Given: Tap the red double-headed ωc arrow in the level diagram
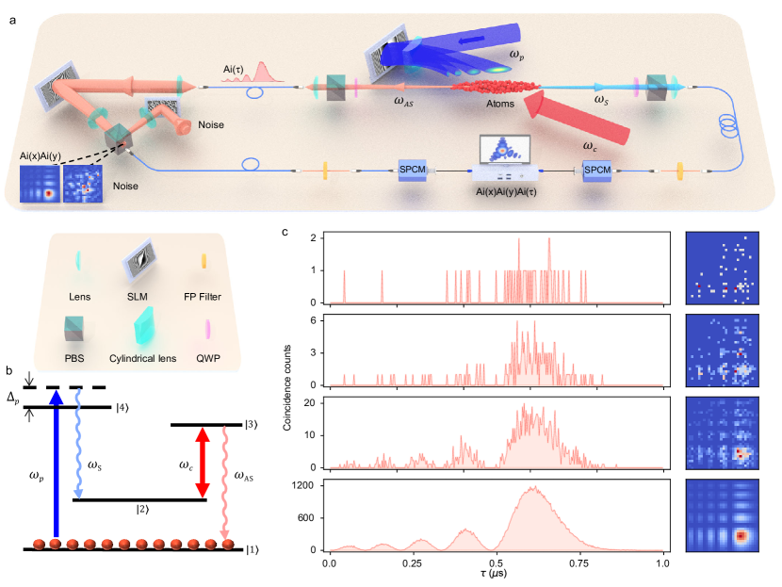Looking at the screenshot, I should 201,463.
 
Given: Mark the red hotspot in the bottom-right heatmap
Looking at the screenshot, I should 741,536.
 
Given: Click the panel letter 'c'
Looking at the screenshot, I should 285,231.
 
